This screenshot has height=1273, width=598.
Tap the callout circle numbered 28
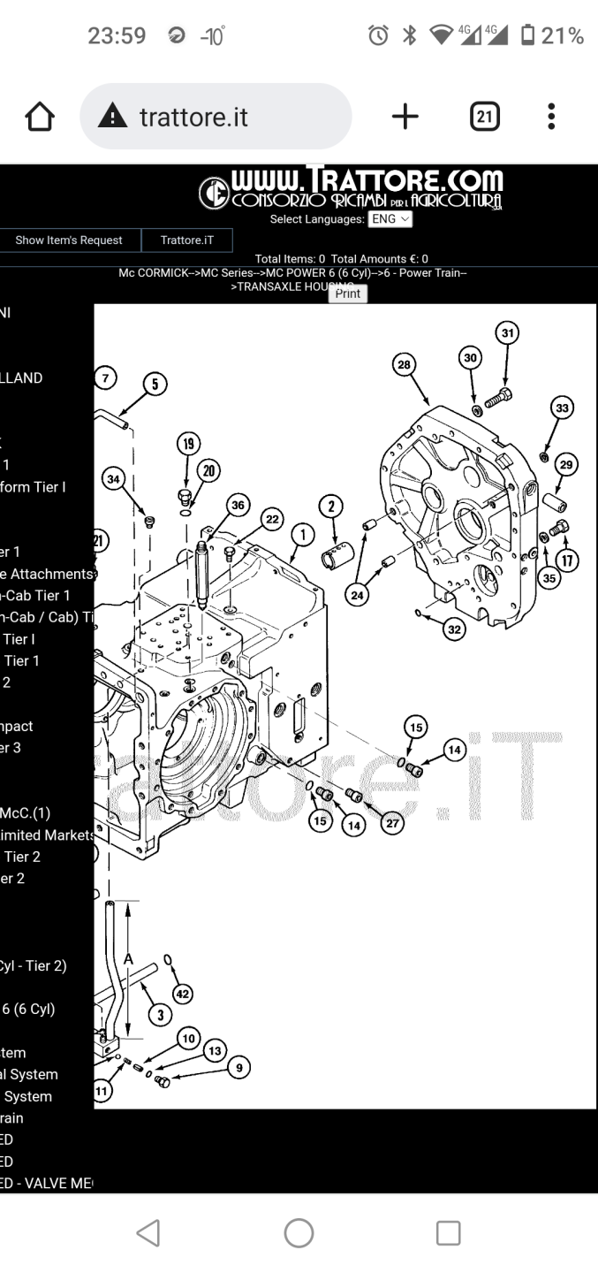[405, 365]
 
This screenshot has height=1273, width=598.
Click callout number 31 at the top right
[507, 333]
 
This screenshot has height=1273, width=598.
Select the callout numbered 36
[237, 505]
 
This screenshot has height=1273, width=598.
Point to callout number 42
[182, 994]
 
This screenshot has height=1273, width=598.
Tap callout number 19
[186, 443]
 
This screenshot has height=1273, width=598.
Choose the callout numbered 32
[454, 629]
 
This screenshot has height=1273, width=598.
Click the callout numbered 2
[331, 506]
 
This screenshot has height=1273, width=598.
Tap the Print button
[348, 293]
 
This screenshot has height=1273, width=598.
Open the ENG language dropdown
[390, 218]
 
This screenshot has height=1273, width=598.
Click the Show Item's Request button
[69, 240]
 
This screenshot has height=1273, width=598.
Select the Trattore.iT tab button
[187, 240]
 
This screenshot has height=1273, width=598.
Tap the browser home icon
[40, 117]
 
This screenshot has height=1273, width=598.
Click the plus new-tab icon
[405, 117]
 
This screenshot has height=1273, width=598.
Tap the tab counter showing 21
[485, 117]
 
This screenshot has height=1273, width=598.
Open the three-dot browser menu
[551, 117]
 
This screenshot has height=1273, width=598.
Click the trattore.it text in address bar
[193, 117]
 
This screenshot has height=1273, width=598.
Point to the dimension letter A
[129, 959]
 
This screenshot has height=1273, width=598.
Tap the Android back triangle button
[148, 1233]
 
